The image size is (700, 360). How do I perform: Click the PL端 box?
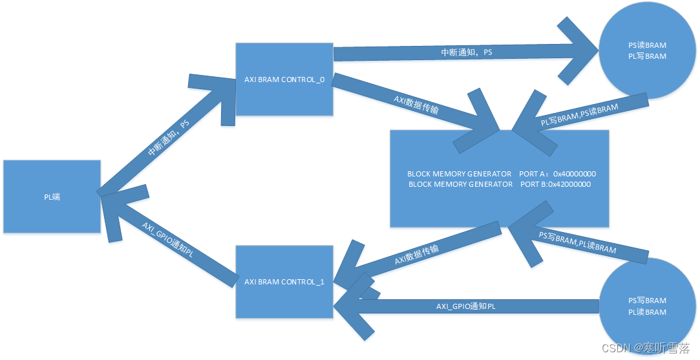[52, 196]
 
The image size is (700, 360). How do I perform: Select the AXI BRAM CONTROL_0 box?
[284, 79]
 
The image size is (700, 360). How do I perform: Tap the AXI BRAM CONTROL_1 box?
[284, 282]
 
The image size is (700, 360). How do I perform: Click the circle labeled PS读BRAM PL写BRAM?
[646, 51]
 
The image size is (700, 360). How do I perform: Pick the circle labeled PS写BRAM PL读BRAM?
[646, 306]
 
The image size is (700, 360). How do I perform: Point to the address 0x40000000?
[574, 174]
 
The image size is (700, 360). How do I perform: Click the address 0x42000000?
[569, 184]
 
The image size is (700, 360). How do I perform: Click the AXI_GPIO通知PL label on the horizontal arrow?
[465, 306]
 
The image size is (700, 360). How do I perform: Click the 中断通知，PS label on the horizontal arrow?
[466, 52]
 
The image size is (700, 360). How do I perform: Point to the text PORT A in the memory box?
[533, 174]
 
